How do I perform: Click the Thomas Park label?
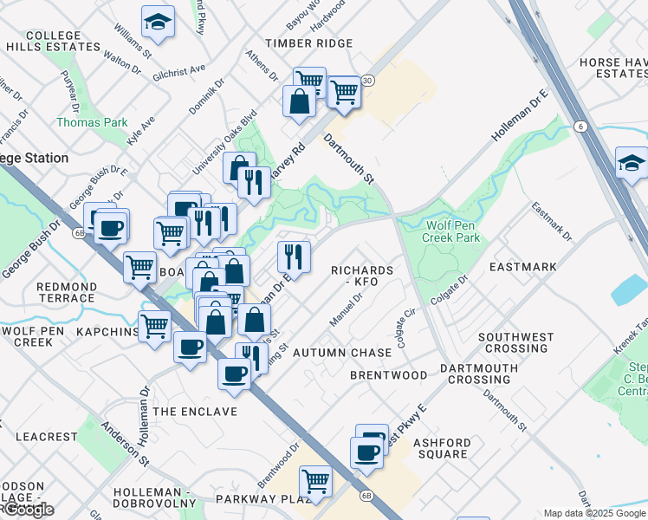click(x=92, y=122)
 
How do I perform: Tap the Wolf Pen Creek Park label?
click(x=452, y=231)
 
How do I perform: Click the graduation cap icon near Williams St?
click(x=158, y=23)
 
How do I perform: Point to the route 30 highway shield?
click(x=368, y=81)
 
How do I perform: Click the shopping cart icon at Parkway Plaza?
click(x=315, y=480)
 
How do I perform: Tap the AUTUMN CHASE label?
click(x=342, y=353)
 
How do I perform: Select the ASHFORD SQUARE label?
click(x=441, y=447)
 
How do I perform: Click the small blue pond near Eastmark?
click(x=628, y=290)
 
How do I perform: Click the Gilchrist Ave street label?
click(x=179, y=69)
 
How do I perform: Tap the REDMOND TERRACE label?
click(x=66, y=292)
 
